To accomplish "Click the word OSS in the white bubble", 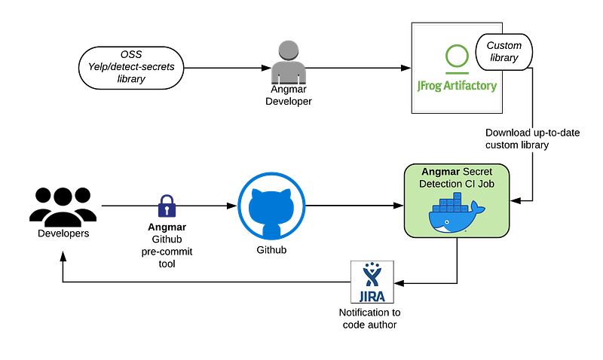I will point(131,55).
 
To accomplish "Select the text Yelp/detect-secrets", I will point(131,67).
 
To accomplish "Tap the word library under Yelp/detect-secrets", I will point(131,79).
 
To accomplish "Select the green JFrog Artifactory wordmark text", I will point(458,86).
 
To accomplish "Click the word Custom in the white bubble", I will point(504,45).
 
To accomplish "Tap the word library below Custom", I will point(504,58).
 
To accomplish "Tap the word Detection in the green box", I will point(444,184).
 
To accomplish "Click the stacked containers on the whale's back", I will point(451,203).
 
